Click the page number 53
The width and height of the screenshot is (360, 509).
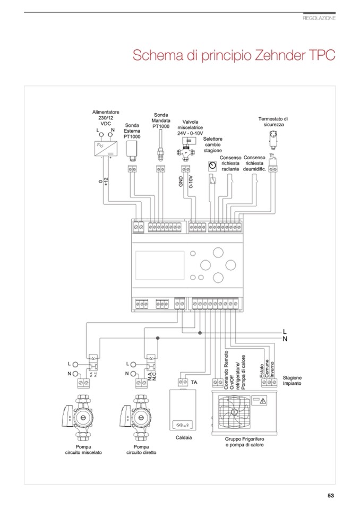pyautogui.click(x=330, y=496)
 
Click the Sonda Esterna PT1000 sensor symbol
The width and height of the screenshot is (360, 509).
pyautogui.click(x=132, y=150)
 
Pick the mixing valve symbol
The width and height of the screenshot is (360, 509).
pyautogui.click(x=185, y=148)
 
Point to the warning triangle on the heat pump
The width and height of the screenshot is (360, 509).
pyautogui.click(x=263, y=399)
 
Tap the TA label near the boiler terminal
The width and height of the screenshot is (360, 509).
pyautogui.click(x=194, y=382)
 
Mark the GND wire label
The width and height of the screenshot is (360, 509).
pyautogui.click(x=181, y=182)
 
